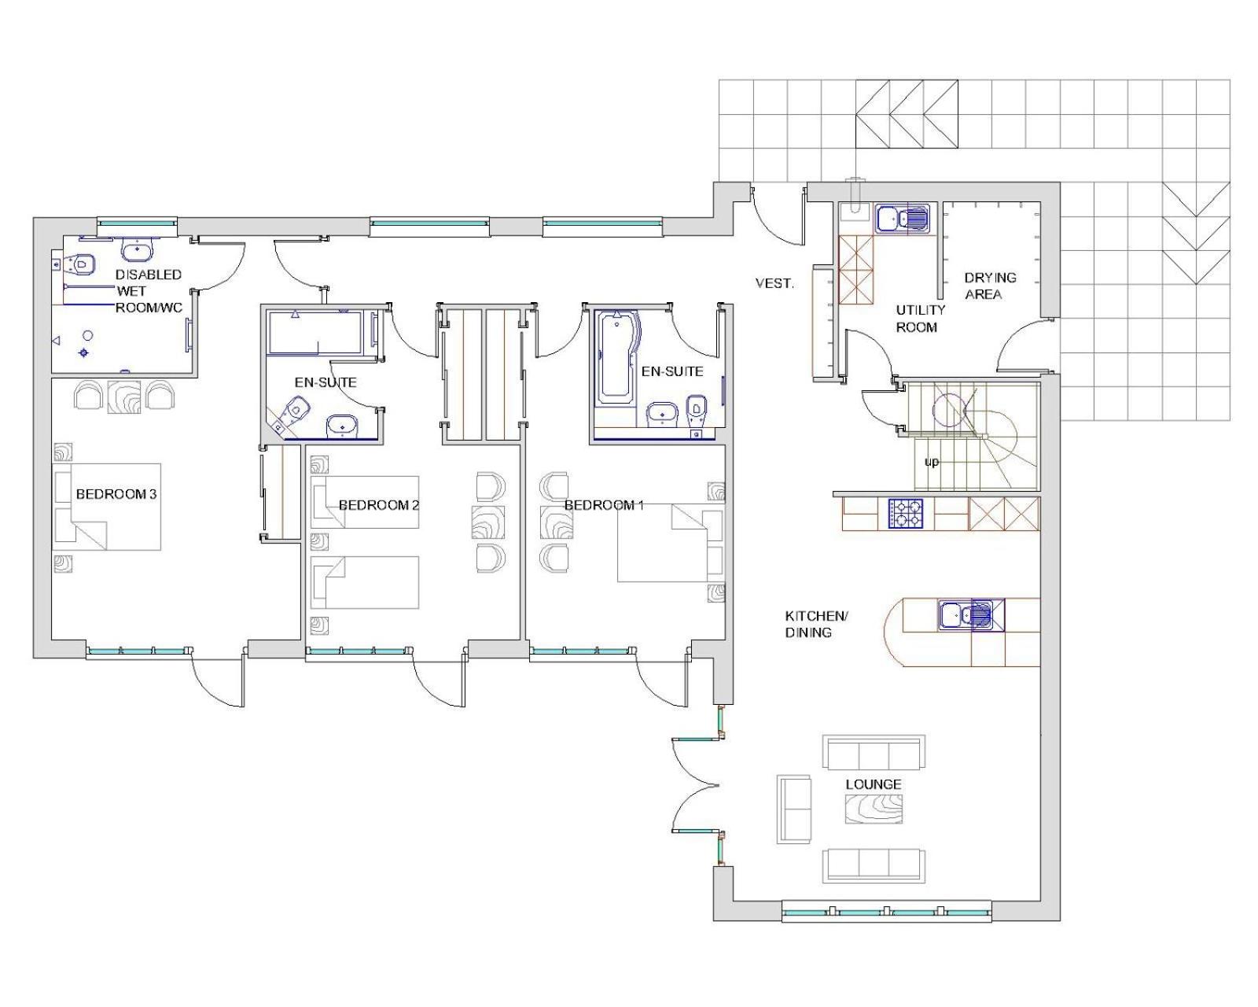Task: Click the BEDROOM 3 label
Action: [116, 494]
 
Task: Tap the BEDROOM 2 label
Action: [379, 505]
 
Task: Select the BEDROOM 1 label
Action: [604, 505]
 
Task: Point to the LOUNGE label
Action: [874, 784]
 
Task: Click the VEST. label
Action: [774, 284]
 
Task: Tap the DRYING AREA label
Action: [990, 286]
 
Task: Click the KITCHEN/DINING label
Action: [816, 625]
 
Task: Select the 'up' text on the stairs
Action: [931, 462]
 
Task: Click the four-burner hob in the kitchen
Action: [906, 514]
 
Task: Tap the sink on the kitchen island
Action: [966, 615]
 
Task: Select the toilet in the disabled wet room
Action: [81, 264]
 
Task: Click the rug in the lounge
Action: [874, 810]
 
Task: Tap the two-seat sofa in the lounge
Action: [794, 810]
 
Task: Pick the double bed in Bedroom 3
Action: [107, 507]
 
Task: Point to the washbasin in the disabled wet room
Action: [138, 251]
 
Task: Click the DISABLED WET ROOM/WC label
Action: [149, 291]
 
